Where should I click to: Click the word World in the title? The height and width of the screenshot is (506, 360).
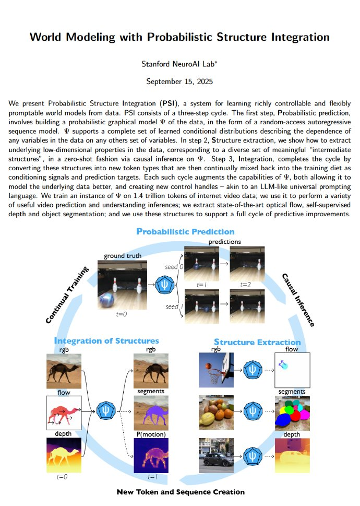tap(49, 37)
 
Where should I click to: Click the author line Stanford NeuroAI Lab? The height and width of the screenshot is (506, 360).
tap(179, 64)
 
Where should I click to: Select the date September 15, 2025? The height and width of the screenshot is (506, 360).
tap(179, 81)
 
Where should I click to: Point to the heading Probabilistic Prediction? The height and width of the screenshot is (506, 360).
tap(185, 231)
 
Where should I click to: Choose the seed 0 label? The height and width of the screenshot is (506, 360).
tap(173, 266)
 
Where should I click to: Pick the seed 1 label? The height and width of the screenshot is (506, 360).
tap(173, 307)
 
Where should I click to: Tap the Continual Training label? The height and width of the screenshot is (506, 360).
tap(67, 295)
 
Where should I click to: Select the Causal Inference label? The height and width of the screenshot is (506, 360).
tap(298, 300)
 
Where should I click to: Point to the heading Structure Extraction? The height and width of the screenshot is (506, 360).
tap(257, 343)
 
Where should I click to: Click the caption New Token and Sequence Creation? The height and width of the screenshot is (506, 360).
tap(180, 492)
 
